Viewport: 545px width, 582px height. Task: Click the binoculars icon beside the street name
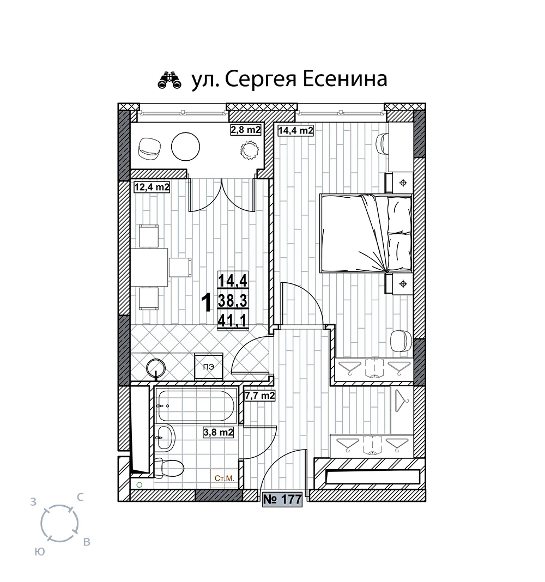click(169, 80)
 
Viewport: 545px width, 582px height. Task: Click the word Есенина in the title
click(345, 78)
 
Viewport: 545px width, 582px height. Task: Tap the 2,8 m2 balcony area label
click(246, 130)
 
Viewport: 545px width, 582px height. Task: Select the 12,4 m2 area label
click(152, 187)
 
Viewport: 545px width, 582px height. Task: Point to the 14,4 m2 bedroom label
click(295, 131)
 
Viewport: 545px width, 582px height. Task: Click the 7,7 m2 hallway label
click(259, 396)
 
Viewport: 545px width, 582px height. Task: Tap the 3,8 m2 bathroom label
click(219, 432)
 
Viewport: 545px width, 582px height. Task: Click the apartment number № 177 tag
click(282, 500)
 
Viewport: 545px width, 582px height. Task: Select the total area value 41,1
click(233, 320)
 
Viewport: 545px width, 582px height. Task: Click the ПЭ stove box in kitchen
click(209, 366)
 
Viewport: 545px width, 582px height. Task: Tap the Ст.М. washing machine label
click(224, 478)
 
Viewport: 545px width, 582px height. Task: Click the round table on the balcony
click(186, 147)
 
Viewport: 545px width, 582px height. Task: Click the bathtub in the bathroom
click(195, 405)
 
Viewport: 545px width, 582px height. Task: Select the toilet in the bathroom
click(169, 469)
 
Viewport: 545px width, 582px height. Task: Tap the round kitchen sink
click(156, 368)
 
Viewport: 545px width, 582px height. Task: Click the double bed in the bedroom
click(366, 234)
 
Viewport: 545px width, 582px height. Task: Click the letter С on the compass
click(80, 497)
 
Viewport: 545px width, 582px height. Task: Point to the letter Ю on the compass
click(40, 551)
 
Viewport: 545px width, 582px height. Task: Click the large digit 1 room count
click(207, 302)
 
